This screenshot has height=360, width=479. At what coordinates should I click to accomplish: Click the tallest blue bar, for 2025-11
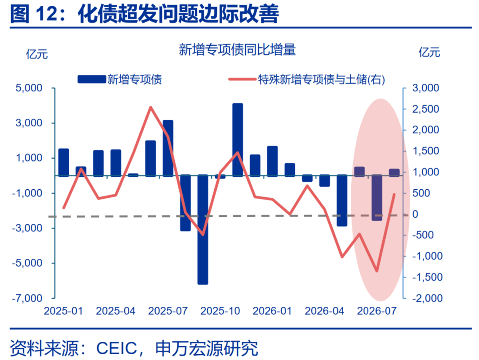(238, 140)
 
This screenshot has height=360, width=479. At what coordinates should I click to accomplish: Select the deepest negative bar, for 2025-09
(203, 230)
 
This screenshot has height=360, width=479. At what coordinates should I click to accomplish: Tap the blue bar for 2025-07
(168, 148)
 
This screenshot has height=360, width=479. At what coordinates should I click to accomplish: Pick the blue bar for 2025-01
(63, 162)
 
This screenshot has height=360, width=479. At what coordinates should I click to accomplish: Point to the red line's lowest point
(377, 271)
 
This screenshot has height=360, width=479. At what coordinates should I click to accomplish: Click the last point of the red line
(394, 194)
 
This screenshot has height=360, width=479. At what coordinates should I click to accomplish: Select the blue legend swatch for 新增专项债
(92, 79)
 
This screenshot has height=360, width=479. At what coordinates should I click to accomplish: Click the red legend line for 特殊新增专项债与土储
(243, 79)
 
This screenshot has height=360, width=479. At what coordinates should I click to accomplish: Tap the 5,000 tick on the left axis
(29, 88)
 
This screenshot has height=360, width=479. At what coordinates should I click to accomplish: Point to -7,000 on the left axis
(27, 298)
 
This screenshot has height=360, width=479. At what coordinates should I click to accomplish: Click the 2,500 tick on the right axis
(425, 109)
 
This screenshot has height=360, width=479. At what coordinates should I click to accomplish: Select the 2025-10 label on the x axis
(220, 311)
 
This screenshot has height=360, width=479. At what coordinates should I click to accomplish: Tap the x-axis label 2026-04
(324, 311)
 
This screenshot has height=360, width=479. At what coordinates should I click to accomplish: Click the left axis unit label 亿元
(37, 54)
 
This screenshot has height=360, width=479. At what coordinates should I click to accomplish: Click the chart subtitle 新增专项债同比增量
(237, 50)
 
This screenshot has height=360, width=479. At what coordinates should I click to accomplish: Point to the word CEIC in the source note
(117, 348)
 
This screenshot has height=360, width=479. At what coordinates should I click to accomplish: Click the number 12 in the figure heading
(47, 14)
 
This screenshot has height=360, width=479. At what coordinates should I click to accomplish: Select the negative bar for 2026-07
(377, 198)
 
